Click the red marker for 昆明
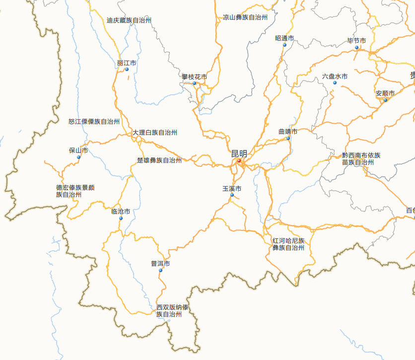click(239, 160)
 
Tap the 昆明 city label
click(239, 153)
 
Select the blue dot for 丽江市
click(127, 70)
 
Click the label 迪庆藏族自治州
click(129, 21)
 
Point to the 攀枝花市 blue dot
click(195, 83)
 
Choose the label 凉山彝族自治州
click(245, 17)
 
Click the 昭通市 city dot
click(285, 45)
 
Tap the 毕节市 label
click(356, 41)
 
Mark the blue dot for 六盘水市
click(335, 83)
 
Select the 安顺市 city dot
click(385, 100)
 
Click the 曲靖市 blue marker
click(288, 138)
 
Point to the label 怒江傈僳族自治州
click(94, 122)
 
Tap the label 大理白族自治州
click(155, 133)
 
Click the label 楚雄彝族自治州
click(159, 160)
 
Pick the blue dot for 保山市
click(78, 157)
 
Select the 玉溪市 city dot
click(232, 195)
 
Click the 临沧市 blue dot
click(121, 218)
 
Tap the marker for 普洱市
click(160, 270)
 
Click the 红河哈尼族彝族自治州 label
click(288, 244)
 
